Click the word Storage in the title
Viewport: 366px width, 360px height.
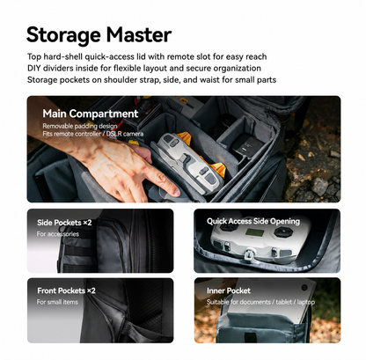(63, 36)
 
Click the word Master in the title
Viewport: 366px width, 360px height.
(139, 34)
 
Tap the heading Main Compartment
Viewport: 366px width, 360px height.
(91, 114)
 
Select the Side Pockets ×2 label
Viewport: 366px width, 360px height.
(64, 223)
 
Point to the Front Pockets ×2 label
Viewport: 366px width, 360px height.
(66, 290)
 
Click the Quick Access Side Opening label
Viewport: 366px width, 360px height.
(253, 221)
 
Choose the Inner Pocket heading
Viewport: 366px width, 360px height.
(229, 290)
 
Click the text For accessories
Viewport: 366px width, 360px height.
(58, 234)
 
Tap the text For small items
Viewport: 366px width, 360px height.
(57, 302)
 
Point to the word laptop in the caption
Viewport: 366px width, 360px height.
(306, 302)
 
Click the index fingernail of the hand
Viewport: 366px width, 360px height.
(176, 191)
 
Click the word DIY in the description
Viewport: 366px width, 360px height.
(34, 68)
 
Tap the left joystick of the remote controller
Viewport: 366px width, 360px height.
(227, 228)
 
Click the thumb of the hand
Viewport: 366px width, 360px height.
(143, 153)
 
